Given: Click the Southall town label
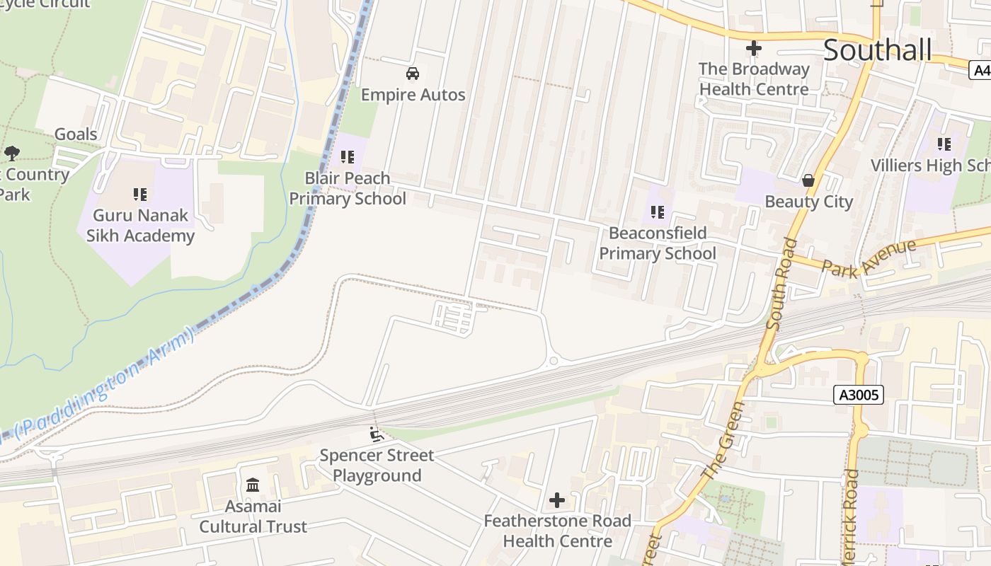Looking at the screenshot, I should coord(877,50).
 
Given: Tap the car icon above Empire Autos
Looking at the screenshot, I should coord(413,74).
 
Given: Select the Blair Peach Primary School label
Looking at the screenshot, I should coord(348,188).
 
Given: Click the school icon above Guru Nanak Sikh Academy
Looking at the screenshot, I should coord(140,194).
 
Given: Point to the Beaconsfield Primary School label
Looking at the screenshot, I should coord(658,243).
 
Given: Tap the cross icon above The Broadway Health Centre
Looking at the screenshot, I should coord(754,49).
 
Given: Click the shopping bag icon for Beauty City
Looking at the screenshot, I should coord(808,181).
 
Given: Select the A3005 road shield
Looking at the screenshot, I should coord(859,395).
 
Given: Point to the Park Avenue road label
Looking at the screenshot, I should coord(869,258).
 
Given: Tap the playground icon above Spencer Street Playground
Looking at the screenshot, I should coord(377,434).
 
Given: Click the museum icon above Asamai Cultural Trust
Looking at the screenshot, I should coord(253,485).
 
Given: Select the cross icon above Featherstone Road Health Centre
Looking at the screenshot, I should coord(557,501).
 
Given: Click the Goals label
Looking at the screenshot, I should coord(76,134).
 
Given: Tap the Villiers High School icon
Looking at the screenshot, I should coord(944,144).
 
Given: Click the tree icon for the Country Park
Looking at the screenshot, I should coord(11,153).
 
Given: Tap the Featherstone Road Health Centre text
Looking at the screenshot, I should coord(557,531).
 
